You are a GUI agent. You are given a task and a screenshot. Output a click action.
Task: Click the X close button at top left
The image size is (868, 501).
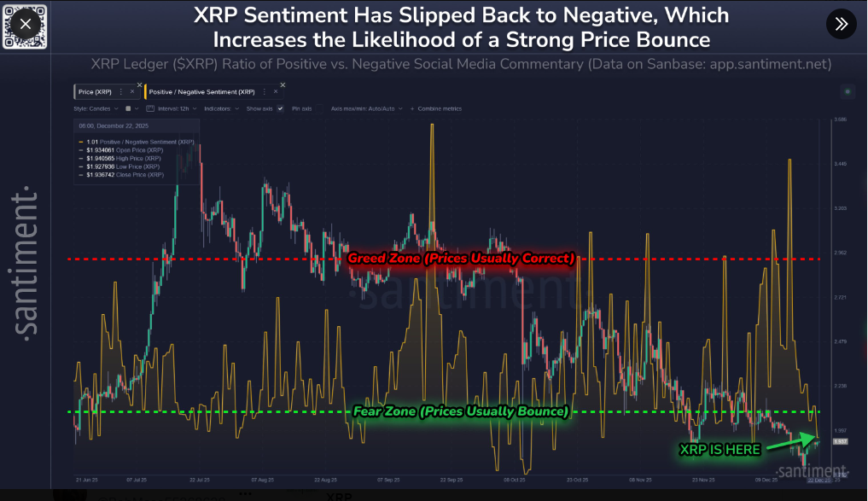[25, 24]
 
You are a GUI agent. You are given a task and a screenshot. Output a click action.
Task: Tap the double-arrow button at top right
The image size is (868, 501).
[841, 24]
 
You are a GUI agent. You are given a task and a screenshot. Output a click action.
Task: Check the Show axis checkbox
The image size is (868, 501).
[280, 109]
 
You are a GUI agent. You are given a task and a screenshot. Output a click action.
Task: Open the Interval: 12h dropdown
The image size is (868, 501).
[172, 109]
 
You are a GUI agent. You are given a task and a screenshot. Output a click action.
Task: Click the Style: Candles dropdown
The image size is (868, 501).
[95, 109]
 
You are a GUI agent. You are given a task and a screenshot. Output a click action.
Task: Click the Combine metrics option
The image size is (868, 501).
[439, 109]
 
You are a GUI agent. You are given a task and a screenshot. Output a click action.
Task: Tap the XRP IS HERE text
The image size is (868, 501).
[719, 450]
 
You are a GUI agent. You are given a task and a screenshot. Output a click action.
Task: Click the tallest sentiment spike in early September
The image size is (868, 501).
[433, 125]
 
